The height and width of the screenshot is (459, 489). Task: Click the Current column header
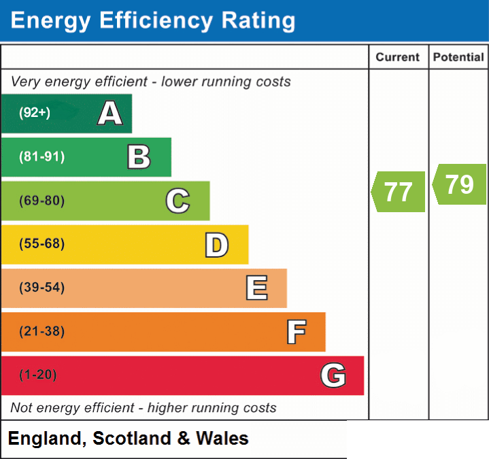pos(398,57)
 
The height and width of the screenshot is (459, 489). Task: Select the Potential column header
pos(458,57)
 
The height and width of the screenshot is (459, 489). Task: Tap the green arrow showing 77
pos(398,192)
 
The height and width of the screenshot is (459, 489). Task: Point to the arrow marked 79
pos(459,184)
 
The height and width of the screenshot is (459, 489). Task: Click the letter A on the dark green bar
pos(109,113)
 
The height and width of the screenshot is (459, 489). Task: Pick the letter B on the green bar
pos(139,157)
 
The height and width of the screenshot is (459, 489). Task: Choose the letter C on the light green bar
pos(178,201)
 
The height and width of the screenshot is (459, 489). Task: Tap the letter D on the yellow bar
pos(217,245)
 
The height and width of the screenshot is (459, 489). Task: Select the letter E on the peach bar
pos(256,288)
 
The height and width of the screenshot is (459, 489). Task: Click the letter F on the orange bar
pos(297,332)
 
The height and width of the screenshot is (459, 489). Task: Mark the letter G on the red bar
pos(333,375)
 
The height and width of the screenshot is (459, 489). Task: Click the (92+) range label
pos(35,112)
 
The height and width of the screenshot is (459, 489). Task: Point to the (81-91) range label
pos(41,156)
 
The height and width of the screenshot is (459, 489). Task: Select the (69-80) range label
pos(41,200)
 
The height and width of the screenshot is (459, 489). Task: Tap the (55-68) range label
pos(41,243)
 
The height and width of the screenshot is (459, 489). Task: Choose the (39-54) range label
pos(41,287)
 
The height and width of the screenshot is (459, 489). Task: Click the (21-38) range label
pos(41,331)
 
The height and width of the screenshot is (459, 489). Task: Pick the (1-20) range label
pos(37,375)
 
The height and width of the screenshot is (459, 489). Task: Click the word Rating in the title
pos(258,20)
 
